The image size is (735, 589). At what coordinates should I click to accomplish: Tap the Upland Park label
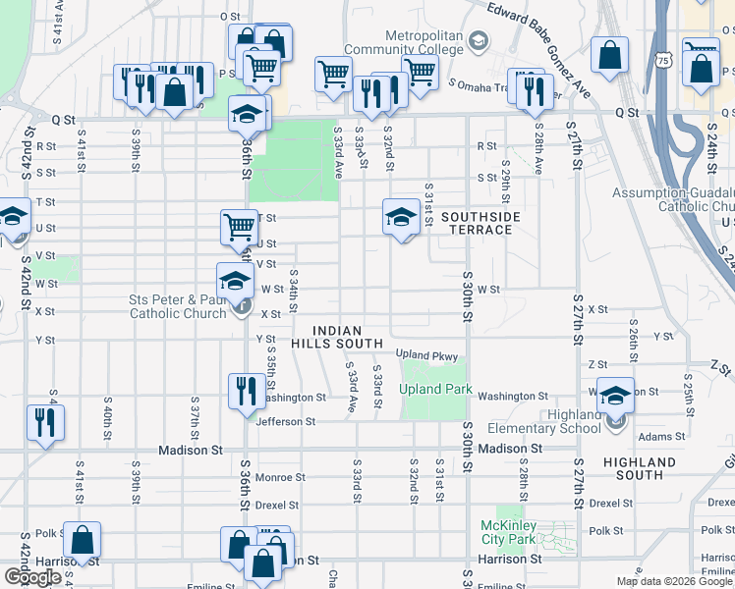tap(435, 390)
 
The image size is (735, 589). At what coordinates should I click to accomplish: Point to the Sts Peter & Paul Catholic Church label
tap(178, 306)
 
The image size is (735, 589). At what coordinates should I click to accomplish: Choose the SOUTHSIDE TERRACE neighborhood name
tap(477, 223)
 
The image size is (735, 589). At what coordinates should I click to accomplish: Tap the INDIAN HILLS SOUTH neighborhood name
tap(336, 338)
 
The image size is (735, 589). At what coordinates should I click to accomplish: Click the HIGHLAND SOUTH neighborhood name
tap(640, 468)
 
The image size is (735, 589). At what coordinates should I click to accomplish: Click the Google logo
tap(31, 577)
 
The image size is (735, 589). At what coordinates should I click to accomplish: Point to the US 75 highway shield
tap(665, 61)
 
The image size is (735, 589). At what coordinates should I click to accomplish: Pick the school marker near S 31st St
tap(401, 217)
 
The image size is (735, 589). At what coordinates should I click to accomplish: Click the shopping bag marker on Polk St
tap(84, 539)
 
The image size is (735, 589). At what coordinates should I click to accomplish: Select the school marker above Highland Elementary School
tap(615, 395)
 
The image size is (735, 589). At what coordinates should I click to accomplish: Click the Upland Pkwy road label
tap(427, 354)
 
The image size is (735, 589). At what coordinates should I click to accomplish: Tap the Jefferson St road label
tap(286, 422)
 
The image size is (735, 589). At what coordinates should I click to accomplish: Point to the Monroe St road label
tap(281, 478)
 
